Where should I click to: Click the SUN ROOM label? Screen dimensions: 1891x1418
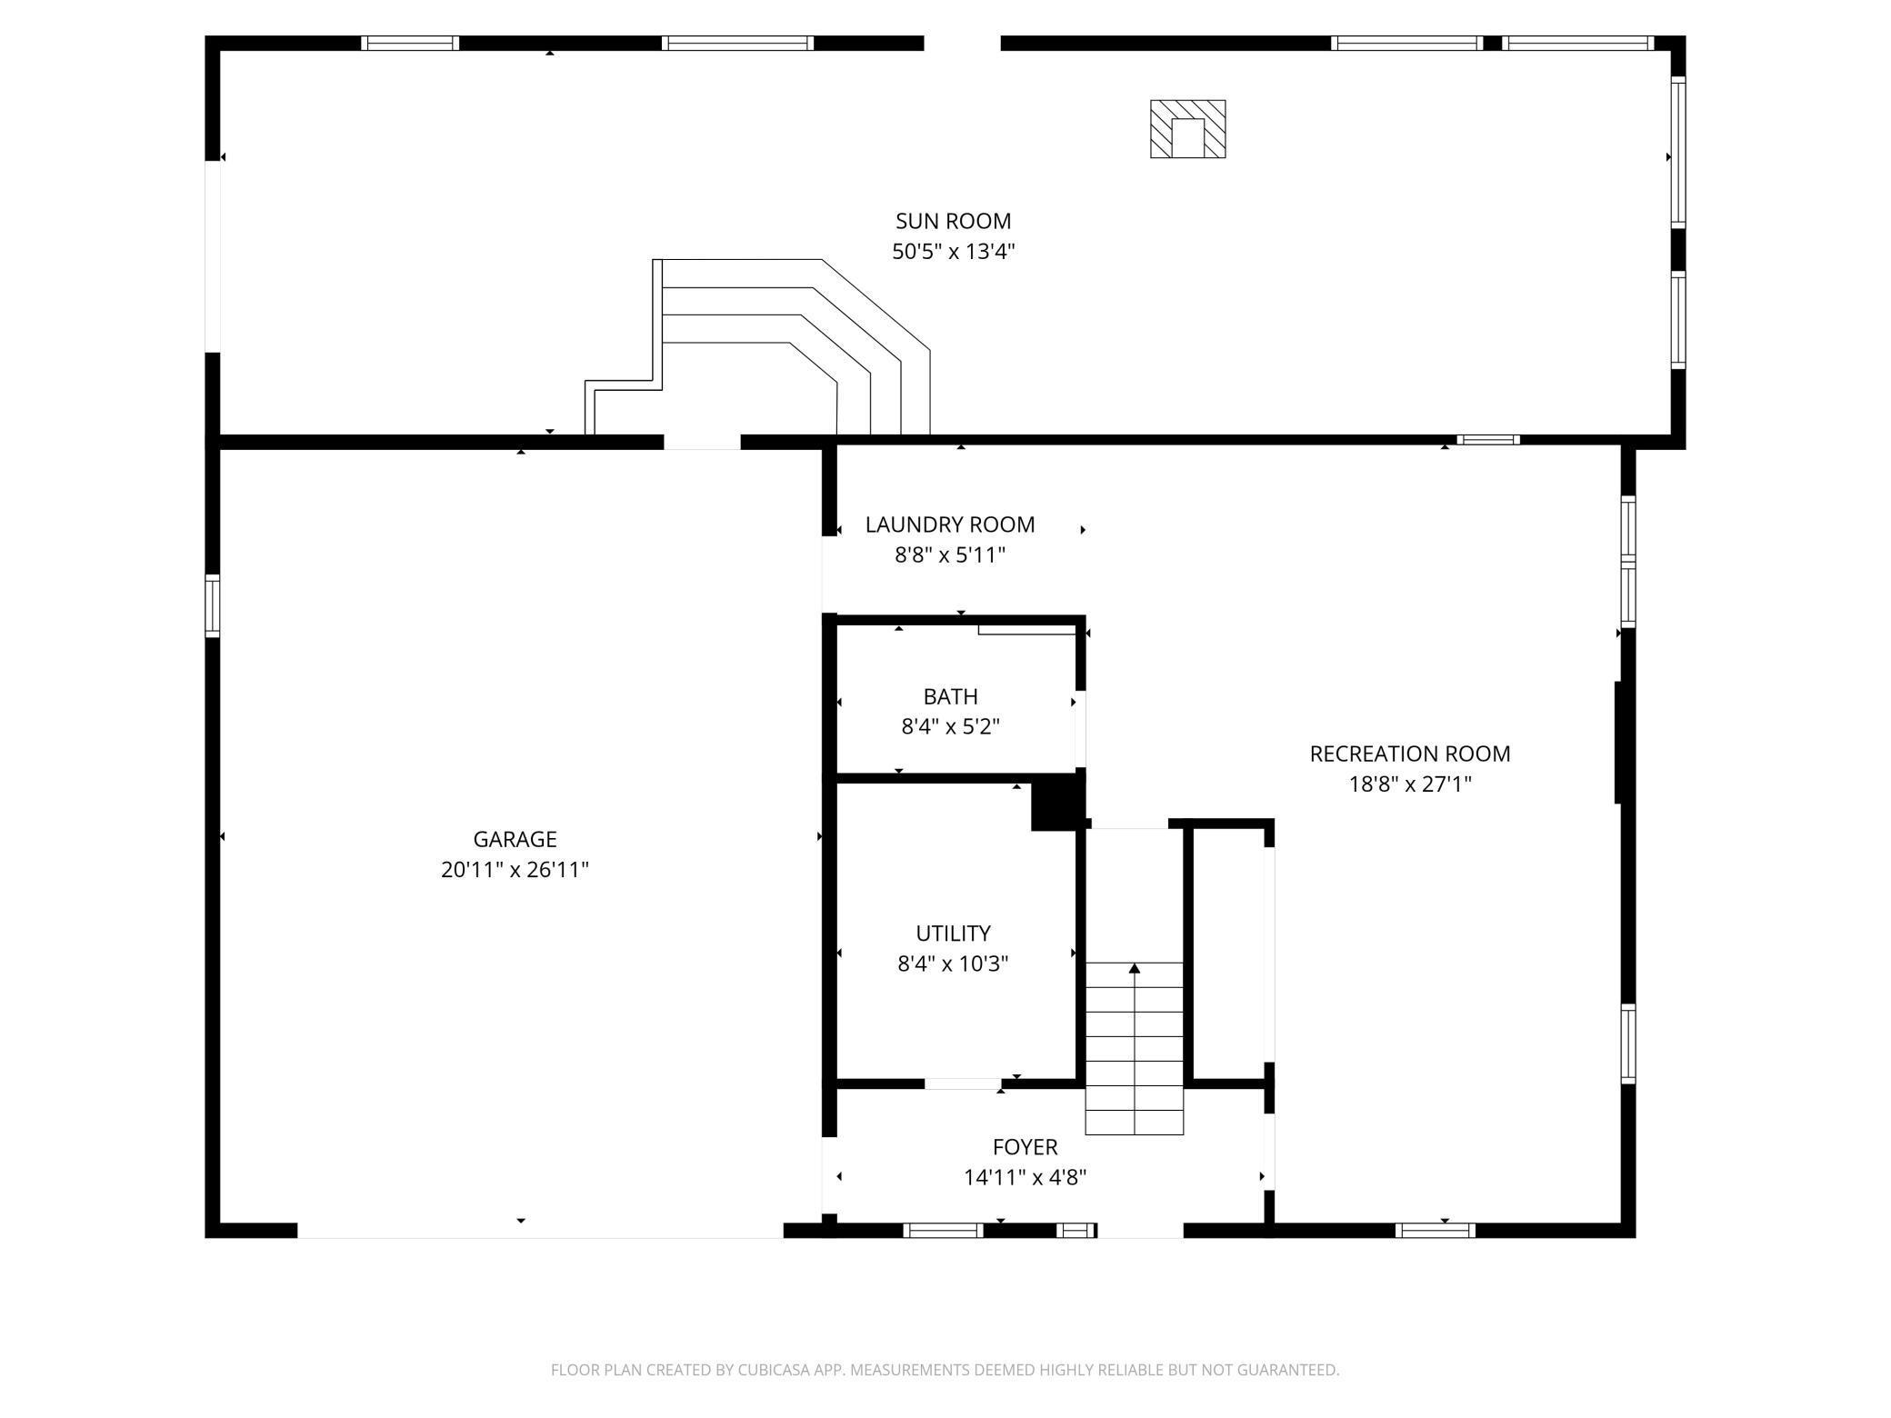click(953, 221)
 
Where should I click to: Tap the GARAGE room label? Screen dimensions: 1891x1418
click(515, 839)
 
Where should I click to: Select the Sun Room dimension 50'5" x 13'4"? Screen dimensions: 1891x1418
click(953, 251)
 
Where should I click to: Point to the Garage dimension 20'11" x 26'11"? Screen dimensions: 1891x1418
click(515, 870)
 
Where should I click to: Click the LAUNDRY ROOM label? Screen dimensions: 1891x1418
click(950, 524)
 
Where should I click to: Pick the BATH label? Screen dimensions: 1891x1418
click(951, 696)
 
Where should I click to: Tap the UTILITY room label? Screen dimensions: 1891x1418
click(953, 934)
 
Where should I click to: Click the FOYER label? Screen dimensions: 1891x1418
click(1026, 1147)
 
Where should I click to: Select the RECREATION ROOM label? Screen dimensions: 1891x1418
click(1410, 754)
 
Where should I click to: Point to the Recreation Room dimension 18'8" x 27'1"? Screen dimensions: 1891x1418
click(1410, 784)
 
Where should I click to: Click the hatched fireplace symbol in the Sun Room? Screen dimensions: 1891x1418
click(1187, 129)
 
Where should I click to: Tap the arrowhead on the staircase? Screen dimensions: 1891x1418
click(1135, 969)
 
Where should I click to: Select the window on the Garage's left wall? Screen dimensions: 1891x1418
click(212, 605)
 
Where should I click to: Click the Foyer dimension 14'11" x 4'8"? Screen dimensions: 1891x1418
click(1026, 1177)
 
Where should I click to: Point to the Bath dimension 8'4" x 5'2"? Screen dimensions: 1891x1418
click(951, 726)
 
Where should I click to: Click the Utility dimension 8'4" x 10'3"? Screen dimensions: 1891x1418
click(953, 964)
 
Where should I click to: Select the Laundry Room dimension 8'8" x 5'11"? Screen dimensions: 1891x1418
click(950, 554)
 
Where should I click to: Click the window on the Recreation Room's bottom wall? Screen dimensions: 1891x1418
click(1436, 1231)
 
